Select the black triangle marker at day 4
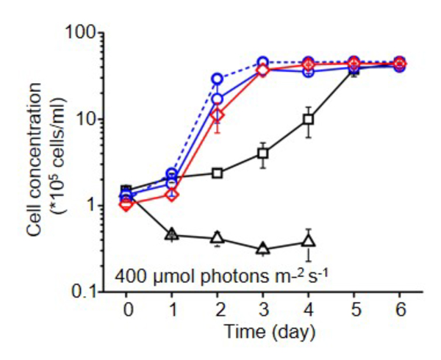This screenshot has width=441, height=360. (309, 241)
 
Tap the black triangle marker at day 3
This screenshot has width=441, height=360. (263, 249)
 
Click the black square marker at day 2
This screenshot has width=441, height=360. (218, 173)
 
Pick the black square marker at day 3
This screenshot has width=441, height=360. (263, 154)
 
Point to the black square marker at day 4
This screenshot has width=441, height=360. (309, 119)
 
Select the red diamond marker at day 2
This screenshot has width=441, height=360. (218, 115)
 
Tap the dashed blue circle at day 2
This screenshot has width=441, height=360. (218, 79)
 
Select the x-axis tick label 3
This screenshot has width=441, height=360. (263, 309)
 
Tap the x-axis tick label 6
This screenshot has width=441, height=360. (400, 309)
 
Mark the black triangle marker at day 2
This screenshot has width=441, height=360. (218, 238)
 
